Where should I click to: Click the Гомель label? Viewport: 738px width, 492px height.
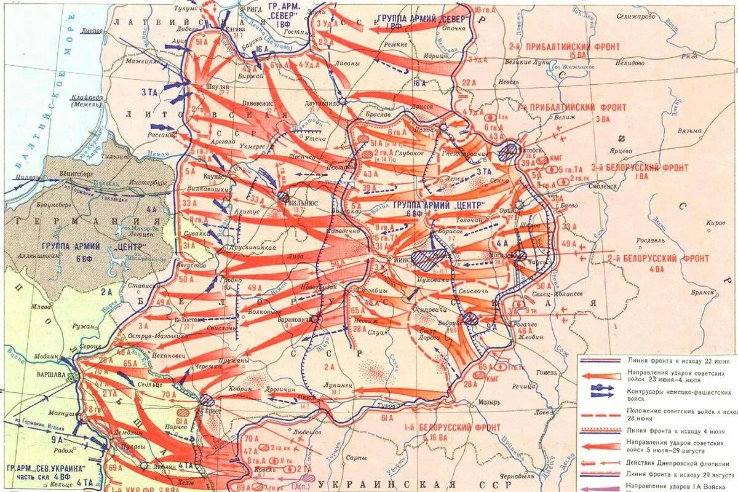point(547,373)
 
